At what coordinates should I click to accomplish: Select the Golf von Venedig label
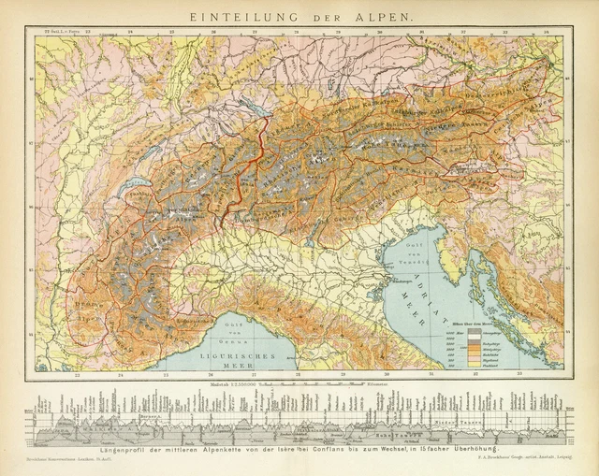[x=416, y=251]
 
